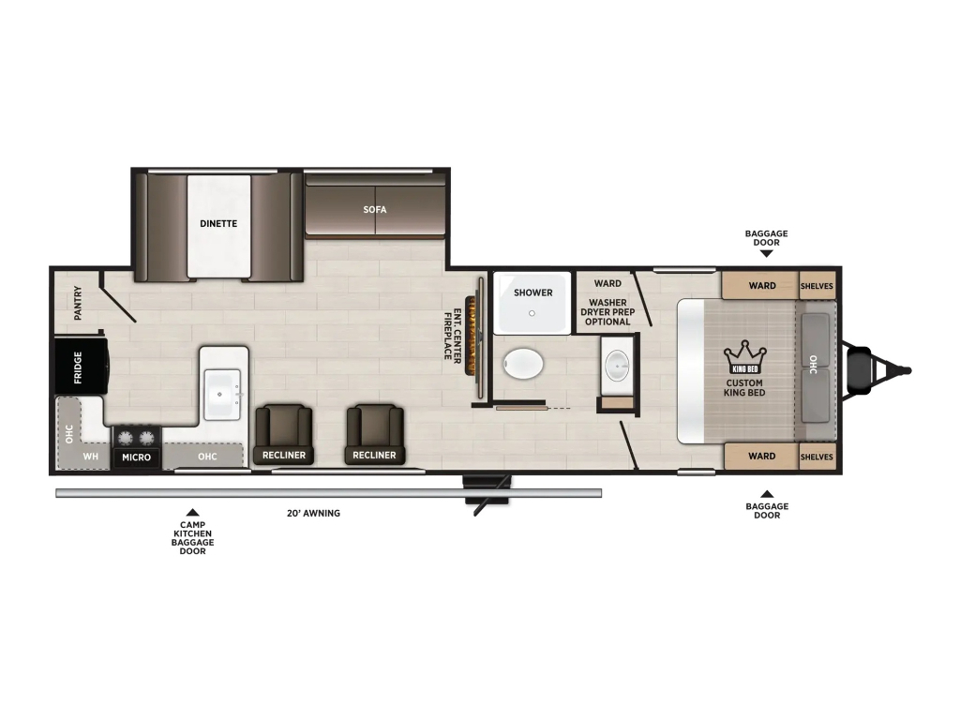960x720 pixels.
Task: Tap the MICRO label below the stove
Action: click(137, 457)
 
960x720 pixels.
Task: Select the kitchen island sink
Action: click(221, 395)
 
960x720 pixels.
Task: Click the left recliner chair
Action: click(283, 433)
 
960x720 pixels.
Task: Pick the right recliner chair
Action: click(374, 433)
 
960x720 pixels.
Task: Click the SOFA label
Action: click(375, 209)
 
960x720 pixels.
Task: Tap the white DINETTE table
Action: click(218, 226)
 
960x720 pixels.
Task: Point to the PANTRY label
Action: click(78, 303)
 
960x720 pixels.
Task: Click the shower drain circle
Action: click(532, 313)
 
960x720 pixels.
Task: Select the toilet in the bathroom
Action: click(523, 365)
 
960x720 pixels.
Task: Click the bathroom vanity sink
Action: click(617, 367)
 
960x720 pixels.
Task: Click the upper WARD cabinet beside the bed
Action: click(760, 285)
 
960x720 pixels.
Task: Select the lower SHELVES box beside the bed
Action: click(817, 457)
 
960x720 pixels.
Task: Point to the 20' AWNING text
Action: click(313, 513)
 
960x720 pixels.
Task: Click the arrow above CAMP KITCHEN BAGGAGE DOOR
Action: click(193, 513)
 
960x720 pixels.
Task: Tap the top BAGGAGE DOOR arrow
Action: click(766, 253)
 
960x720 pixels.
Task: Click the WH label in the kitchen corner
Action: click(91, 457)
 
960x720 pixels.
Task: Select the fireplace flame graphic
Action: click(472, 337)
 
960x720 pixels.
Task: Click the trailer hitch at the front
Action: click(877, 370)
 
